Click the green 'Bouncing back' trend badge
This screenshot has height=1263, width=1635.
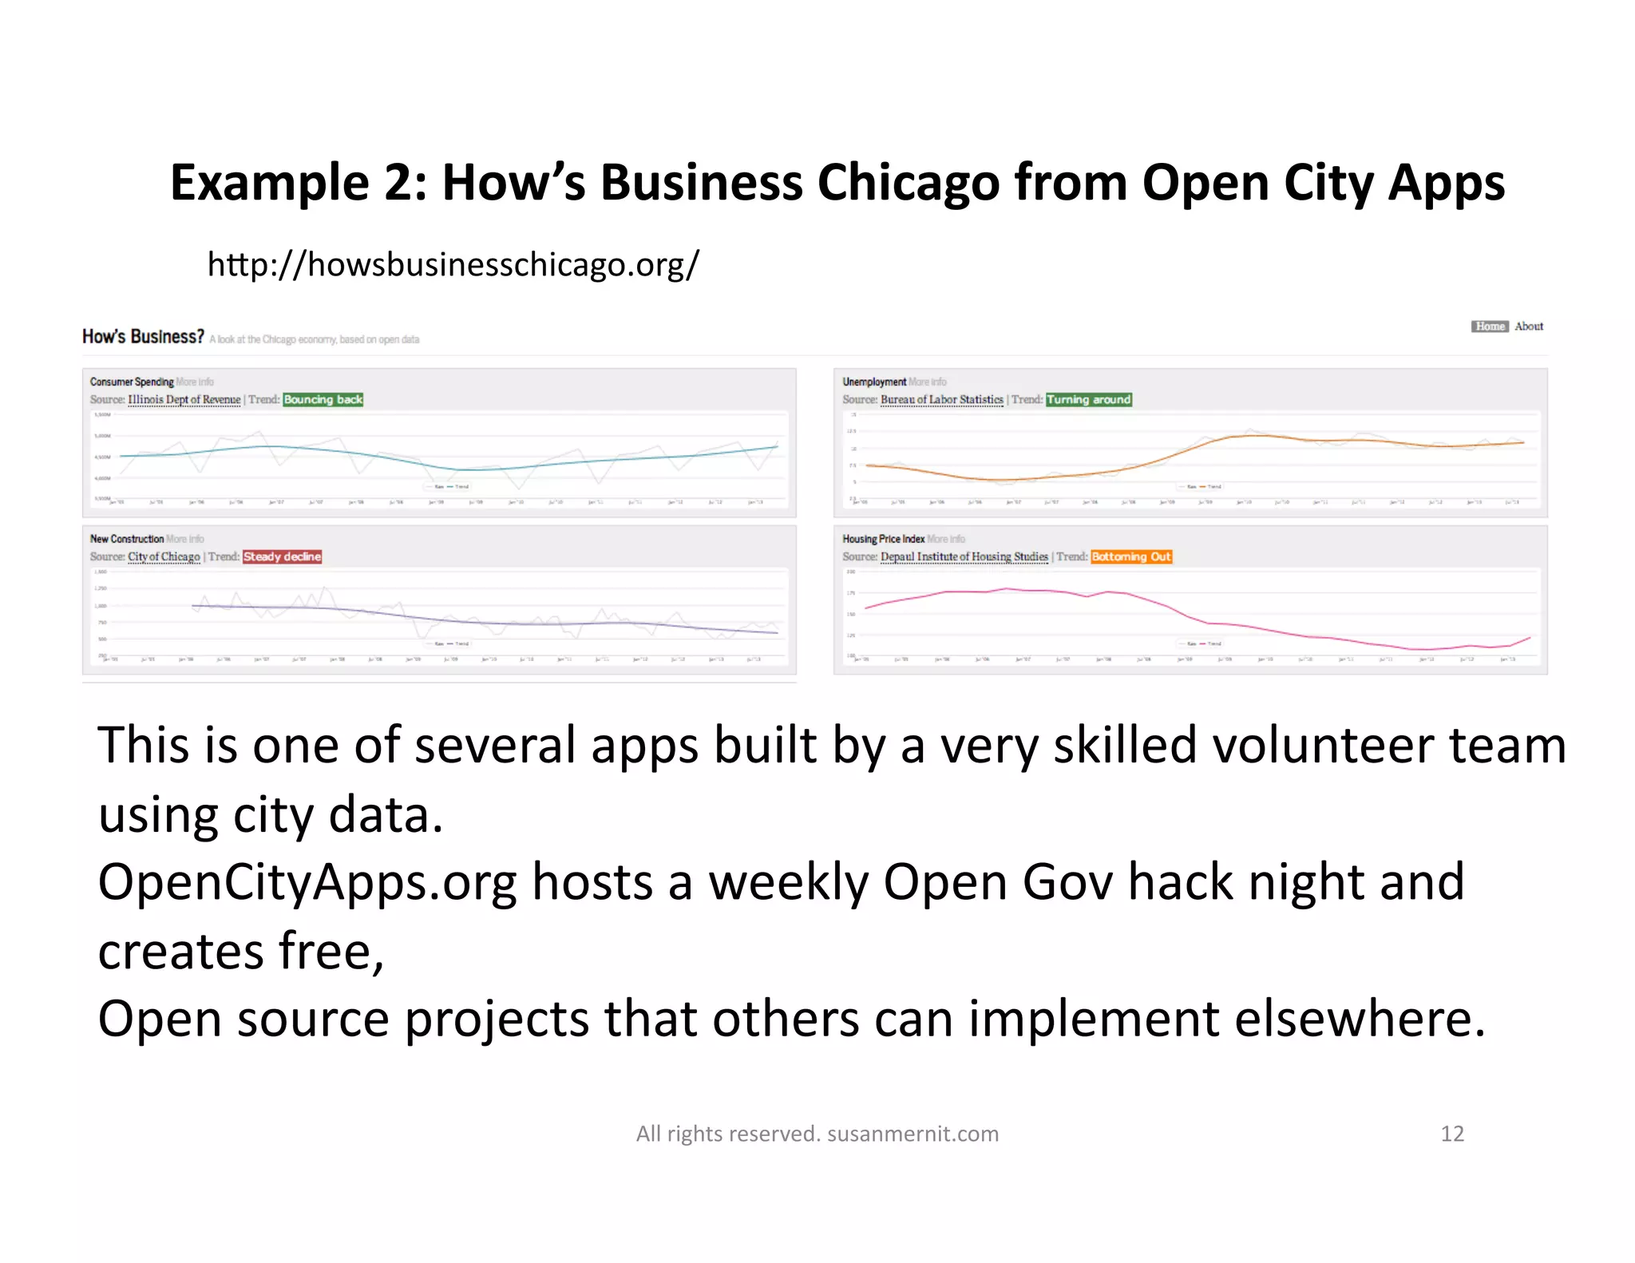point(323,400)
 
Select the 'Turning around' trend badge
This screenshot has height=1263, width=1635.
point(1088,400)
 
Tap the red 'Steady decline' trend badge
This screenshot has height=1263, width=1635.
point(282,557)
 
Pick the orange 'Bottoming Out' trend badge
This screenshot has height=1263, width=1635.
point(1130,557)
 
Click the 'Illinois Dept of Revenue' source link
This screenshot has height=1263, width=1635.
point(184,400)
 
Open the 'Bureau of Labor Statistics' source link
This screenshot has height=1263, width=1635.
point(941,400)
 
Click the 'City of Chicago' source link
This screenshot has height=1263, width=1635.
point(164,557)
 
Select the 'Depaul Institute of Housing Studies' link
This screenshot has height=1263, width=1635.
point(964,557)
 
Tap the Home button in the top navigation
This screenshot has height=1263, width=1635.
point(1489,327)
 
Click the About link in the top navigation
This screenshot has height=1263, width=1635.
point(1528,327)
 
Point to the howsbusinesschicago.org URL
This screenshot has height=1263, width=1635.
point(453,264)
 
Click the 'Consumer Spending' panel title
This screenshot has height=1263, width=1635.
point(131,382)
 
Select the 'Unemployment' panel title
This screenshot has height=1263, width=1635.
point(873,382)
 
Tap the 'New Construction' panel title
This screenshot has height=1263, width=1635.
point(126,540)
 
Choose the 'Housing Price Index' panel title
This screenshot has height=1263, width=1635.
point(883,540)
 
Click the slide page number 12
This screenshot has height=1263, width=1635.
point(1451,1134)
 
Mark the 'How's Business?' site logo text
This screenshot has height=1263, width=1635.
point(143,337)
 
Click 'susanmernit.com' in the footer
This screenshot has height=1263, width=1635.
point(913,1134)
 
